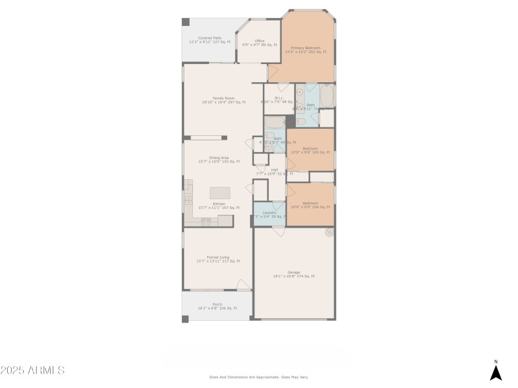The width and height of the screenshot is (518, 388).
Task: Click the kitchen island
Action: pos(220,193)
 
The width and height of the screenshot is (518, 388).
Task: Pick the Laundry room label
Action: pos(269,214)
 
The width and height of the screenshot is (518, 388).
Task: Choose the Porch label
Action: pos(218,306)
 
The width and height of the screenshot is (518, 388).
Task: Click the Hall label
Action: pos(275,171)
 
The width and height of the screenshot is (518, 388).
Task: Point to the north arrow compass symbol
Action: pos(495,371)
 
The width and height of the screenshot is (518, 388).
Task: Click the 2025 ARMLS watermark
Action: pos(32,371)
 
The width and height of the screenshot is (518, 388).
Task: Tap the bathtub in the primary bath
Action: pos(327,97)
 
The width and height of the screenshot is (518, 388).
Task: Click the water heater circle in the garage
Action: pos(330,232)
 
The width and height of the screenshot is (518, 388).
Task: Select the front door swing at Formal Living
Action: pos(243,285)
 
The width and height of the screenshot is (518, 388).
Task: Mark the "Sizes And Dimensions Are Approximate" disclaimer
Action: pos(258,376)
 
